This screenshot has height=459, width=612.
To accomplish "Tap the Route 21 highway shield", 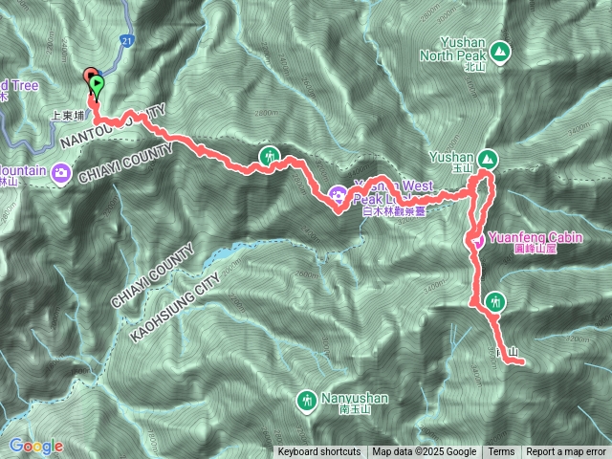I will click(x=126, y=40).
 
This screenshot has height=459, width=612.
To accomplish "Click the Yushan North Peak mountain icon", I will click(x=500, y=51).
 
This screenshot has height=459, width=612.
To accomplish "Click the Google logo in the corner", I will click(x=35, y=446).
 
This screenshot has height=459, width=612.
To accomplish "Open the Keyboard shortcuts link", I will click(x=319, y=452).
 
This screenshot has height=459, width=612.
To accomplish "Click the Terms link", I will click(x=501, y=452).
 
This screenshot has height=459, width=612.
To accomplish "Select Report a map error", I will click(x=566, y=452).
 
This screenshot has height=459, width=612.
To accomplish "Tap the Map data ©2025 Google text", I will click(x=424, y=452).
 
